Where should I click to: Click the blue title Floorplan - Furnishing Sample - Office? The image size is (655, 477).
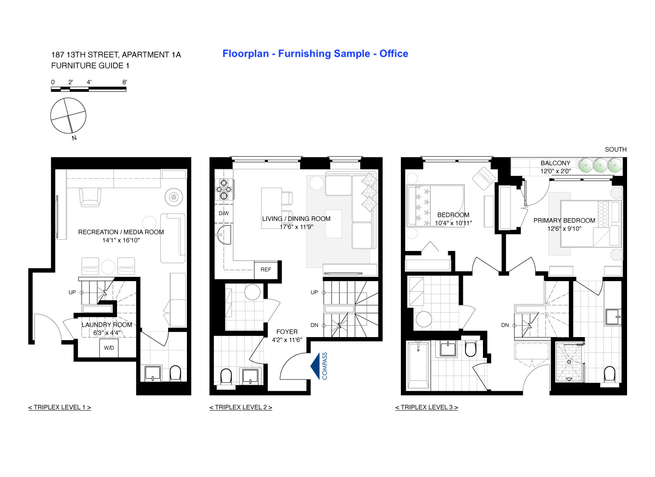coord(315,54)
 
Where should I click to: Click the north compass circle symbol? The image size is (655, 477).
coord(68,116)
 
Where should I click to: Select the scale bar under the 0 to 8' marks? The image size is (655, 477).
coord(89,89)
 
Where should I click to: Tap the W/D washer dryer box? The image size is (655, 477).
coord(109,348)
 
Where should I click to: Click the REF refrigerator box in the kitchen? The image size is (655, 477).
coord(266,270)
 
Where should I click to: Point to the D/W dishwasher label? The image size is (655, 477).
coord(224,213)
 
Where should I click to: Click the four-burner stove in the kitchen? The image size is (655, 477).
coord(224,189)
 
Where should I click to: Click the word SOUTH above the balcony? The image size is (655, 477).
coord(615,150)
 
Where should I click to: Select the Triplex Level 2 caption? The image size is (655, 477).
coord(241,407)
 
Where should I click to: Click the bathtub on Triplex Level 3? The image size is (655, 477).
coord(417,366)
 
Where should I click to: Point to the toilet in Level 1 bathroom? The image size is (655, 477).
coord(175,373)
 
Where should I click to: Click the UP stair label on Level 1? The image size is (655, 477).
coord(72,292)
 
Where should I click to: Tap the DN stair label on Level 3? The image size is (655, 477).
coord(505,325)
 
